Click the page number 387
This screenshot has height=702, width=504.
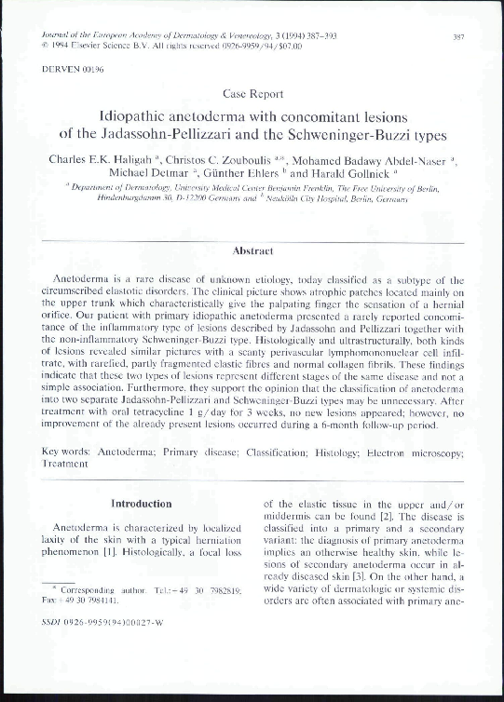[x=458, y=36]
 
